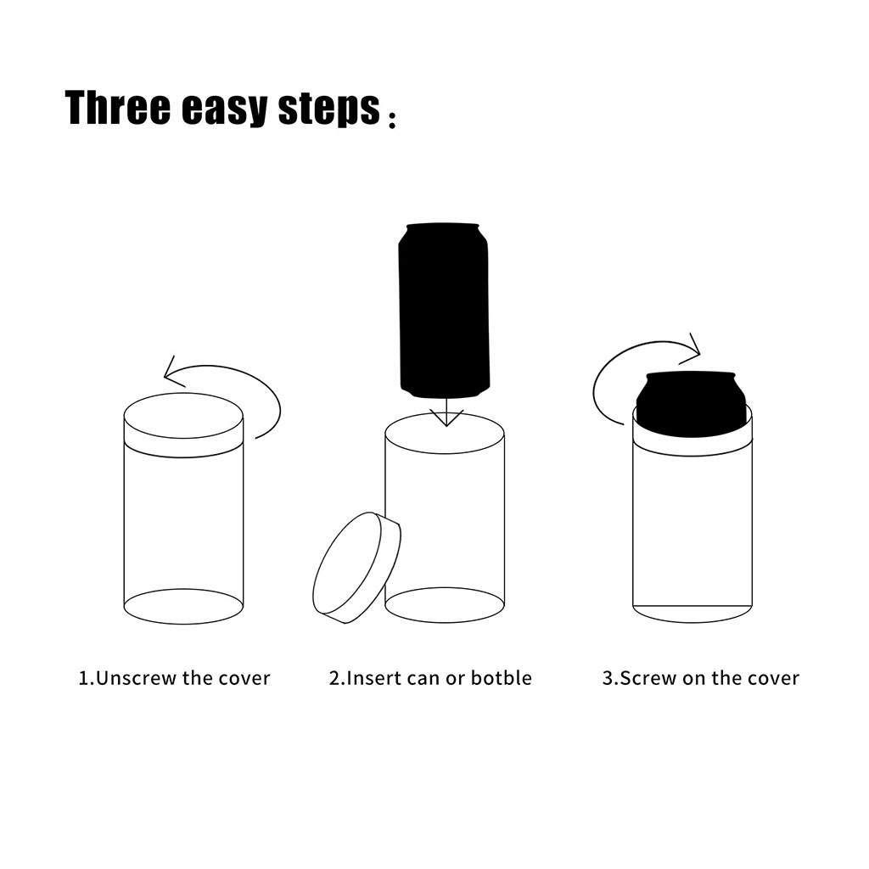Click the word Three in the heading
[117, 107]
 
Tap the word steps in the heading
[329, 109]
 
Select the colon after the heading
[392, 119]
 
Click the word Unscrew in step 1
[137, 678]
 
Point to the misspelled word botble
[501, 678]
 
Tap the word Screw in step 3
[648, 678]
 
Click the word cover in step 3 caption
[774, 678]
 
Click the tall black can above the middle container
[444, 310]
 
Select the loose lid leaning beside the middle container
[357, 568]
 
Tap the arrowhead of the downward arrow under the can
[446, 418]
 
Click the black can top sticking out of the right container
[692, 403]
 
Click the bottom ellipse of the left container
[183, 606]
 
